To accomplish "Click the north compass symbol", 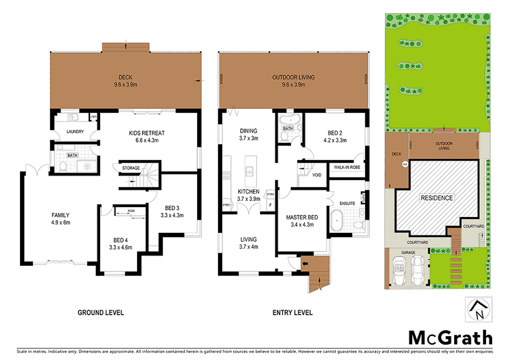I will [x=478, y=310].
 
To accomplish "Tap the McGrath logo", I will [x=450, y=338].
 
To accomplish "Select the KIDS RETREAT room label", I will [x=147, y=133].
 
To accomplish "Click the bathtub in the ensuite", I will [x=337, y=220].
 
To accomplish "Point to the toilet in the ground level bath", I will [x=63, y=166].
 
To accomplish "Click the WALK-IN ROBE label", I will [x=347, y=167].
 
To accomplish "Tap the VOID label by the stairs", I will [x=317, y=175].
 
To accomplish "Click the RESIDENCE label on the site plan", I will [x=437, y=198].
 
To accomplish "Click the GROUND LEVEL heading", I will [x=101, y=312].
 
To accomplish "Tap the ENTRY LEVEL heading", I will [x=292, y=312].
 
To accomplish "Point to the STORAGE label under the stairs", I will [x=131, y=168].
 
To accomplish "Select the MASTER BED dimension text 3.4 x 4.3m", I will [x=302, y=225].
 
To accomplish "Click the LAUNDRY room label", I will [x=75, y=132].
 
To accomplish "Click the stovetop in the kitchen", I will [x=226, y=175].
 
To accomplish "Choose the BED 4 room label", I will [x=121, y=240].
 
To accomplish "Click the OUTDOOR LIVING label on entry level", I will [x=293, y=77].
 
